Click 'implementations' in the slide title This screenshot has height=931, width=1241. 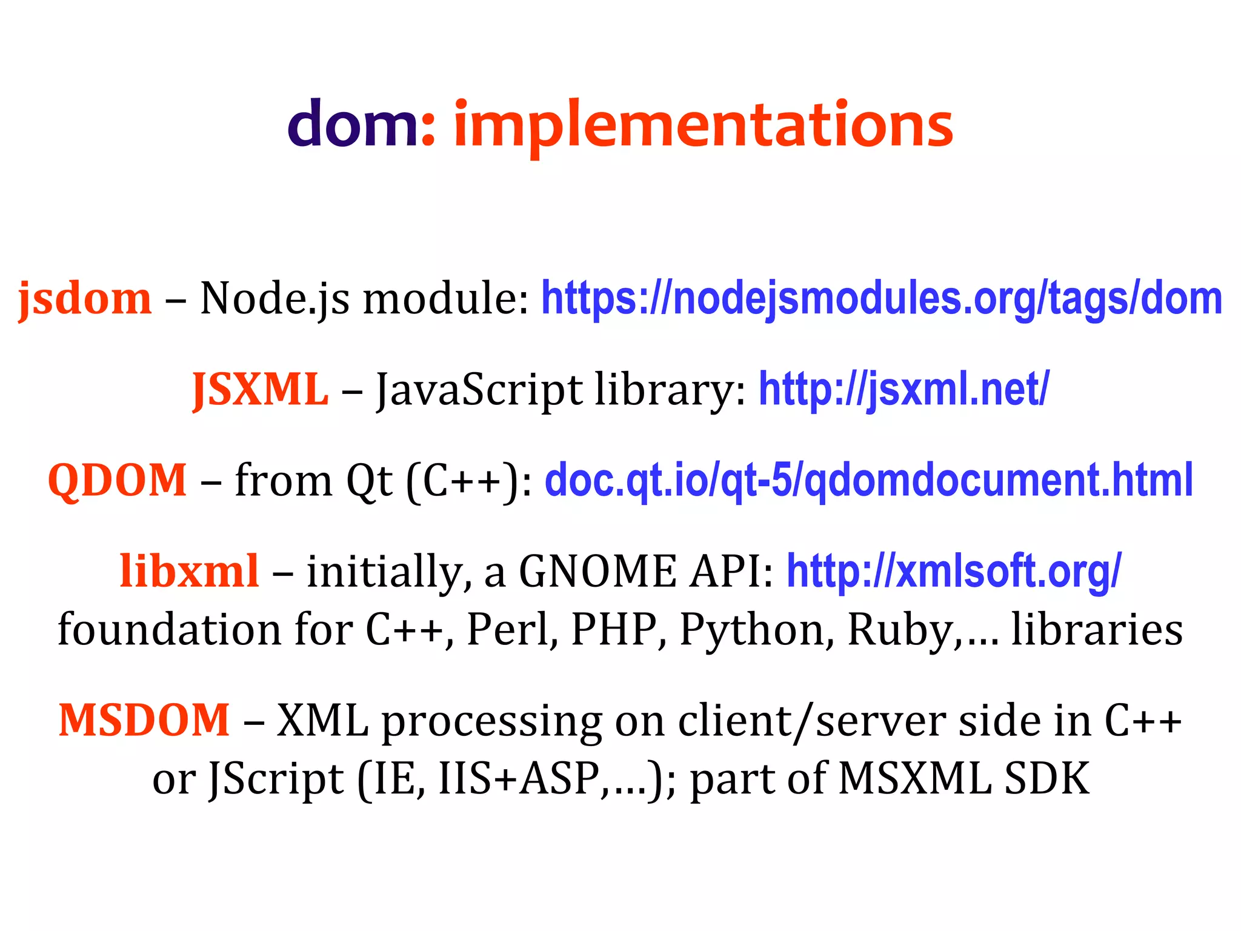703,127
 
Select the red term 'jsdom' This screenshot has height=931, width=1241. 85,299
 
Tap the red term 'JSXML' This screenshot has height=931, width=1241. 261,389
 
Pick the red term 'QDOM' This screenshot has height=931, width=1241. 118,480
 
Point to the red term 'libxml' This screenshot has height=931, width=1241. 190,571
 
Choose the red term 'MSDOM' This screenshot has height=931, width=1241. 144,720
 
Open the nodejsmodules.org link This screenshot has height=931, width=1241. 882,299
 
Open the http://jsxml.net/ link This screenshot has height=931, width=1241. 904,389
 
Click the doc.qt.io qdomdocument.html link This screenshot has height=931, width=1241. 869,480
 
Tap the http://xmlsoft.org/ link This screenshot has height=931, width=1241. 954,571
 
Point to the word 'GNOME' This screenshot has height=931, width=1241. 597,571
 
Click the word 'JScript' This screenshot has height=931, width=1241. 276,779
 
